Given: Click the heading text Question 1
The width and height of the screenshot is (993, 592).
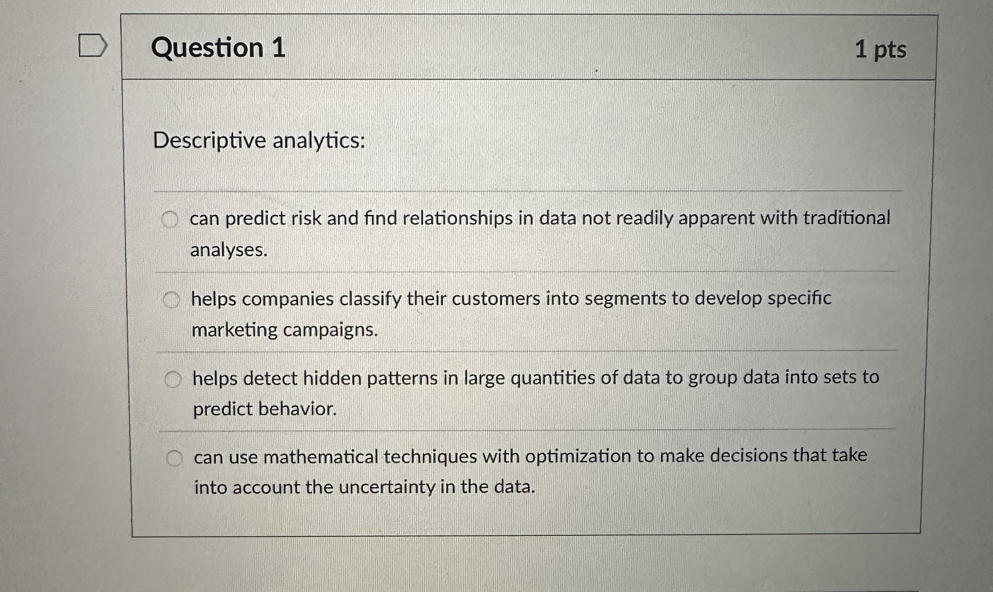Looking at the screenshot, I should coord(218,48).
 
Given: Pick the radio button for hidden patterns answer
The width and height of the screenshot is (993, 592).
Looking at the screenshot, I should coord(173,379).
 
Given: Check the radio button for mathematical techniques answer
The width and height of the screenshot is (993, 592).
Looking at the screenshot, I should coord(174,458).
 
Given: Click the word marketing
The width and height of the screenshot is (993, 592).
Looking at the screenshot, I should coord(234,330).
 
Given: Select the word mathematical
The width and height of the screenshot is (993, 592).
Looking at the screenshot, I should coord(321,457).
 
